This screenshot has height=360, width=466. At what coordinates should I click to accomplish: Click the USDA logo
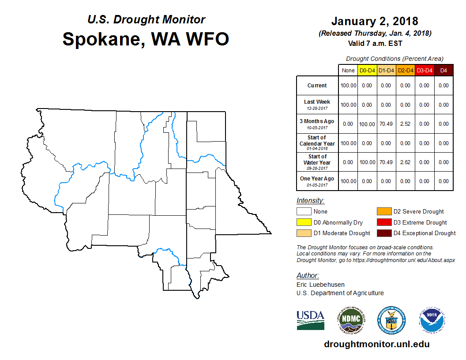point(310,320)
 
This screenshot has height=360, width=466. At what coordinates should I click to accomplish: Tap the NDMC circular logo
point(351,320)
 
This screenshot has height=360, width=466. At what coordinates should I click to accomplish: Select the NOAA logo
point(432,320)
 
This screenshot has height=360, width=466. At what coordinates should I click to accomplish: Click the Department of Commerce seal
point(391,320)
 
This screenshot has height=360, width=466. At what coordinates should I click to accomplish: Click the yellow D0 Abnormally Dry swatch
point(304,222)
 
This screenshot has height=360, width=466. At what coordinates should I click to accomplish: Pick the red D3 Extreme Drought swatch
point(384,222)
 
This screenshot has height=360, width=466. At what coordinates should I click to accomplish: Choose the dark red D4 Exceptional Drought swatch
point(384,233)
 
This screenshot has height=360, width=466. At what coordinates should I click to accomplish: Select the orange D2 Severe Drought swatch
point(384,211)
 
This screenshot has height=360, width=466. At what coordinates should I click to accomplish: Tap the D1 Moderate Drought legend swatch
point(304,233)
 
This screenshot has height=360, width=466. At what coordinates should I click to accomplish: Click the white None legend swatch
point(304,211)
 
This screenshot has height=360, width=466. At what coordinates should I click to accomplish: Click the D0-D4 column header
point(367,71)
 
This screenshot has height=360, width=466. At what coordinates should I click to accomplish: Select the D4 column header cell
point(443,71)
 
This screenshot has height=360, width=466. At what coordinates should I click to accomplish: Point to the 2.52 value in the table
point(405,124)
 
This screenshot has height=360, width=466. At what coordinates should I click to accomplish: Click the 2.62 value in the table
point(405,162)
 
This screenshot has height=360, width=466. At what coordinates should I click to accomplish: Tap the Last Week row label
point(317,104)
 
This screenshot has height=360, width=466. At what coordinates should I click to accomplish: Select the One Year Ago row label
point(317,181)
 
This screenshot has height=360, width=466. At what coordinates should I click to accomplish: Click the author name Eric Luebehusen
point(320,285)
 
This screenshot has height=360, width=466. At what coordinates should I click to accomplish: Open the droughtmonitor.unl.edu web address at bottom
point(377,344)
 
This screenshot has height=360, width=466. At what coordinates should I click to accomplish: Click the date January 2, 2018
point(375,21)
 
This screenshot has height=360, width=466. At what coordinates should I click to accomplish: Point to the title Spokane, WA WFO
point(146,39)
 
